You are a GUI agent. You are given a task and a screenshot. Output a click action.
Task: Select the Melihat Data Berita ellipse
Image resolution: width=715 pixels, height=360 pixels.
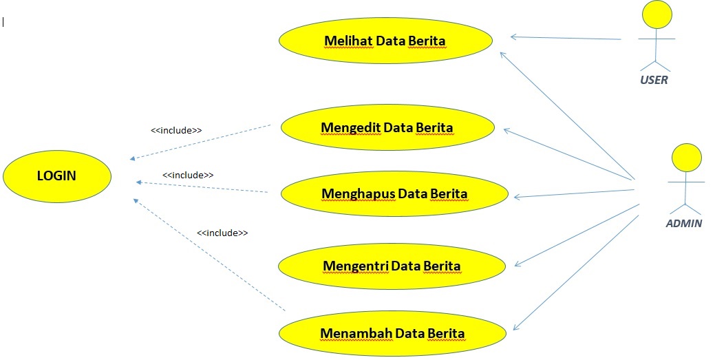pos(385,41)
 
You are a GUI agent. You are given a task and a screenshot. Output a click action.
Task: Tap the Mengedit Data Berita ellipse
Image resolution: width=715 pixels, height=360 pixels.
pos(387,127)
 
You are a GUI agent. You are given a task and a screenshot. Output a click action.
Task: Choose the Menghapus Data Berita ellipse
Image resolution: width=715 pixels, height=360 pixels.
pos(394,193)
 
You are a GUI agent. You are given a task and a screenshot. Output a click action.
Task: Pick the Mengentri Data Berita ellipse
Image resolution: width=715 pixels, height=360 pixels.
pos(392,266)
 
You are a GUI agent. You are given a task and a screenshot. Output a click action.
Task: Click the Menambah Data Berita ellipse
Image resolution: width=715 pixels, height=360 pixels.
pos(392,334)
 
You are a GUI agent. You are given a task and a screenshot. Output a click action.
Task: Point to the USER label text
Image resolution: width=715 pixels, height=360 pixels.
pos(654,80)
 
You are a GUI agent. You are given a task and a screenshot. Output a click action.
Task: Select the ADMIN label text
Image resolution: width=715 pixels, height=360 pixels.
pos(684,223)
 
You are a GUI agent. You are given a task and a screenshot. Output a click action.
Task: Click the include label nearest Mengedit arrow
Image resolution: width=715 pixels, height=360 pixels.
pos(176,129)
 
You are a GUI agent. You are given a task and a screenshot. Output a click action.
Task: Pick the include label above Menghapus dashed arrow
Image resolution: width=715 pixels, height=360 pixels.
pos(188,176)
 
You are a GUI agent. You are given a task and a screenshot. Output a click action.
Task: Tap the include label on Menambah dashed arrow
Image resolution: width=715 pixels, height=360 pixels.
pos(222,233)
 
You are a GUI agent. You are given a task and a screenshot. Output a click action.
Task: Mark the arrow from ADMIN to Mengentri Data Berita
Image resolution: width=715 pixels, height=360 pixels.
pos(578,235)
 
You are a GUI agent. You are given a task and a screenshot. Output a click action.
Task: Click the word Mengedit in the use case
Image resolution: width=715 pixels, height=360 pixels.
pos(351,127)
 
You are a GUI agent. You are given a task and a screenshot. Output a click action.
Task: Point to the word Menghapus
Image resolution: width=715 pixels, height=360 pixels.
pos(358,193)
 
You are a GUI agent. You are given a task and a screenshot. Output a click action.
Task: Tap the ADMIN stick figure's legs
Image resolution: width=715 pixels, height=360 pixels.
pos(686,207)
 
